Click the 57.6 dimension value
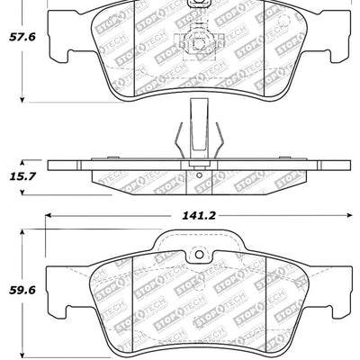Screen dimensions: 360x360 (x=22, y=37)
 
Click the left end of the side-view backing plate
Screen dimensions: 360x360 (x=52, y=166)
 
